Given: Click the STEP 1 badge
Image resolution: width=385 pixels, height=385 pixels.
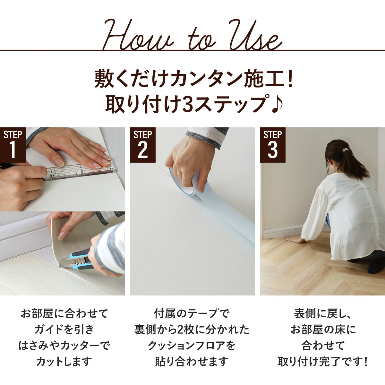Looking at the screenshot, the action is click(x=13, y=145).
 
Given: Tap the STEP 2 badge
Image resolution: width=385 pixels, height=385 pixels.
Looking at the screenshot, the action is click(x=143, y=145).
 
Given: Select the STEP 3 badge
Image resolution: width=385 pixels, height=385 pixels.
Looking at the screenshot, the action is click(x=272, y=145).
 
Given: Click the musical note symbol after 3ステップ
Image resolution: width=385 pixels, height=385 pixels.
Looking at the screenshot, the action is click(x=277, y=104).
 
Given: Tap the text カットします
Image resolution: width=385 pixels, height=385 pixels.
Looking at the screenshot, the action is click(x=64, y=361).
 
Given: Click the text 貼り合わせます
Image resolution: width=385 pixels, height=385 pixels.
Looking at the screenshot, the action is click(x=192, y=361).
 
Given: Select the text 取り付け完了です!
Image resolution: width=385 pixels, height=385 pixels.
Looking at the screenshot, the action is click(x=322, y=361).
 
